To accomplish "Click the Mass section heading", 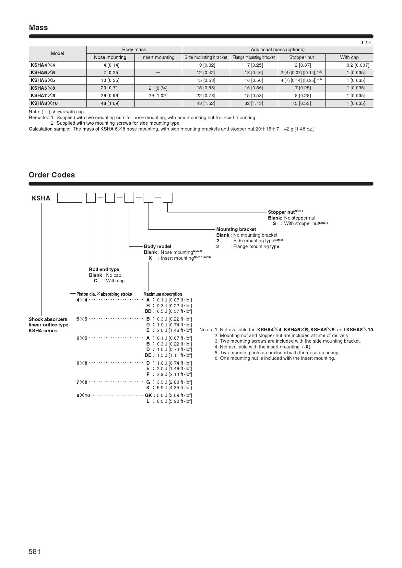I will click(x=38, y=28).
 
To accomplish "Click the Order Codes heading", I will click(x=52, y=175).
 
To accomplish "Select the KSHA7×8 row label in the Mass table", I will click(x=43, y=96).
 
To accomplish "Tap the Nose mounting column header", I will click(x=110, y=57).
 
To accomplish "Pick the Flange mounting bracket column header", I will click(x=254, y=57).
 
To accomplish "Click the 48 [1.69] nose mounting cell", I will click(x=110, y=103).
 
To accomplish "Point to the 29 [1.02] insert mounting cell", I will click(x=158, y=96).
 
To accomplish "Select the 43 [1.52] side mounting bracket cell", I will click(x=206, y=103).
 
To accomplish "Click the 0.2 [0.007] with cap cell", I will click(x=358, y=65).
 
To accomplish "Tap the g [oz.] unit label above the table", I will click(x=367, y=42).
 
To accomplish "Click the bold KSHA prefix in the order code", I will click(x=41, y=198).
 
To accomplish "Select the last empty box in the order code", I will click(x=167, y=198).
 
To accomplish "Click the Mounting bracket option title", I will click(x=236, y=229).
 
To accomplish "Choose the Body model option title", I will click(x=158, y=246).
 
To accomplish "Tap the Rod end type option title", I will click(x=104, y=269).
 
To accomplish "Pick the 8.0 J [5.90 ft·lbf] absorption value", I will click(x=174, y=401).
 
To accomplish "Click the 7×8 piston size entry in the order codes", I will click(x=82, y=382).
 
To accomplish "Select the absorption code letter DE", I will click(x=148, y=355).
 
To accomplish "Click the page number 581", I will click(x=35, y=551).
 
